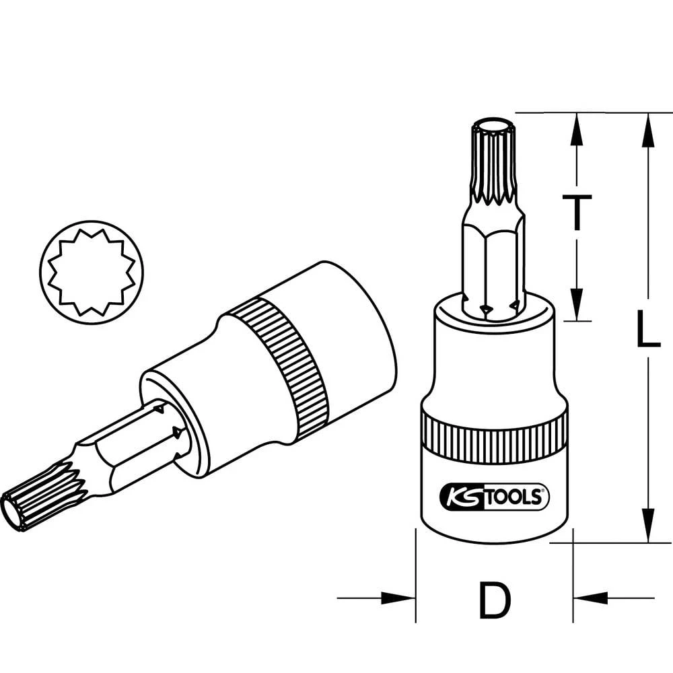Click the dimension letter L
(647, 328)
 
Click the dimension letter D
(494, 600)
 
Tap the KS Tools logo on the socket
(494, 497)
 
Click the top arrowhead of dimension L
(647, 130)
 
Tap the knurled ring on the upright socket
(494, 441)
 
